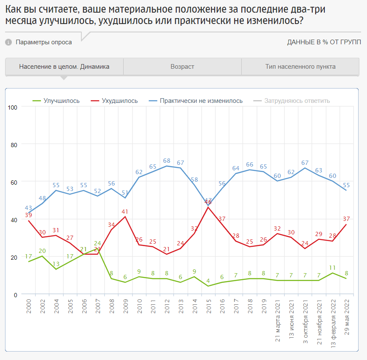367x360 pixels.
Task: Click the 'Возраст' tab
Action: tap(182, 67)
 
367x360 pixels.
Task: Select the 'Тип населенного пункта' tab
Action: tap(300, 67)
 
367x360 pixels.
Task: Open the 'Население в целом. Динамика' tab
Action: tap(64, 67)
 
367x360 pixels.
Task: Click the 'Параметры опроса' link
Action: tap(44, 42)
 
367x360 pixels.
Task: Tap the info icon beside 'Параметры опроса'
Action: tap(8, 42)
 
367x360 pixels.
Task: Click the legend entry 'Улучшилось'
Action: tap(61, 101)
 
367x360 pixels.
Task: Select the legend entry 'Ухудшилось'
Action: tap(120, 101)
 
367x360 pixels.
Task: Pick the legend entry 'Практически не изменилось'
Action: tap(201, 101)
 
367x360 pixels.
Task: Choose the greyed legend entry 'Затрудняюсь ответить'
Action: tap(297, 101)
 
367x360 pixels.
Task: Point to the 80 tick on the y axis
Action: tap(13, 145)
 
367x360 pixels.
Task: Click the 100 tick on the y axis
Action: tap(12, 107)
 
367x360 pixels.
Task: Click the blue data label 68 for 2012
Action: tap(167, 160)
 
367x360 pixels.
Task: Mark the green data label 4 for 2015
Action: tap(208, 280)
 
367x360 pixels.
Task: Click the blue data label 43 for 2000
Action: tap(28, 208)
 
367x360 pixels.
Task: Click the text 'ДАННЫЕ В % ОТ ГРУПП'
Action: tap(324, 42)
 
